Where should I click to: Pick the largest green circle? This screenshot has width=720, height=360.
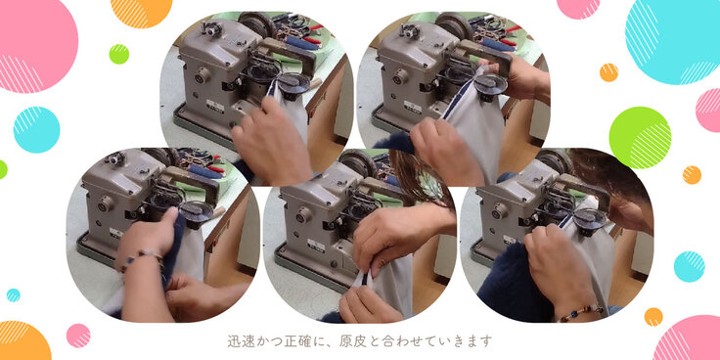coord(640,138)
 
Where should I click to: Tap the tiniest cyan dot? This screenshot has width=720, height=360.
coord(13,295)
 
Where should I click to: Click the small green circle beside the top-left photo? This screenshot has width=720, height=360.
coord(119,54)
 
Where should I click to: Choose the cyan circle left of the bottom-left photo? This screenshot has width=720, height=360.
coord(37,130)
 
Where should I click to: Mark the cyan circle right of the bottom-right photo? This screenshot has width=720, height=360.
coord(689,267)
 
